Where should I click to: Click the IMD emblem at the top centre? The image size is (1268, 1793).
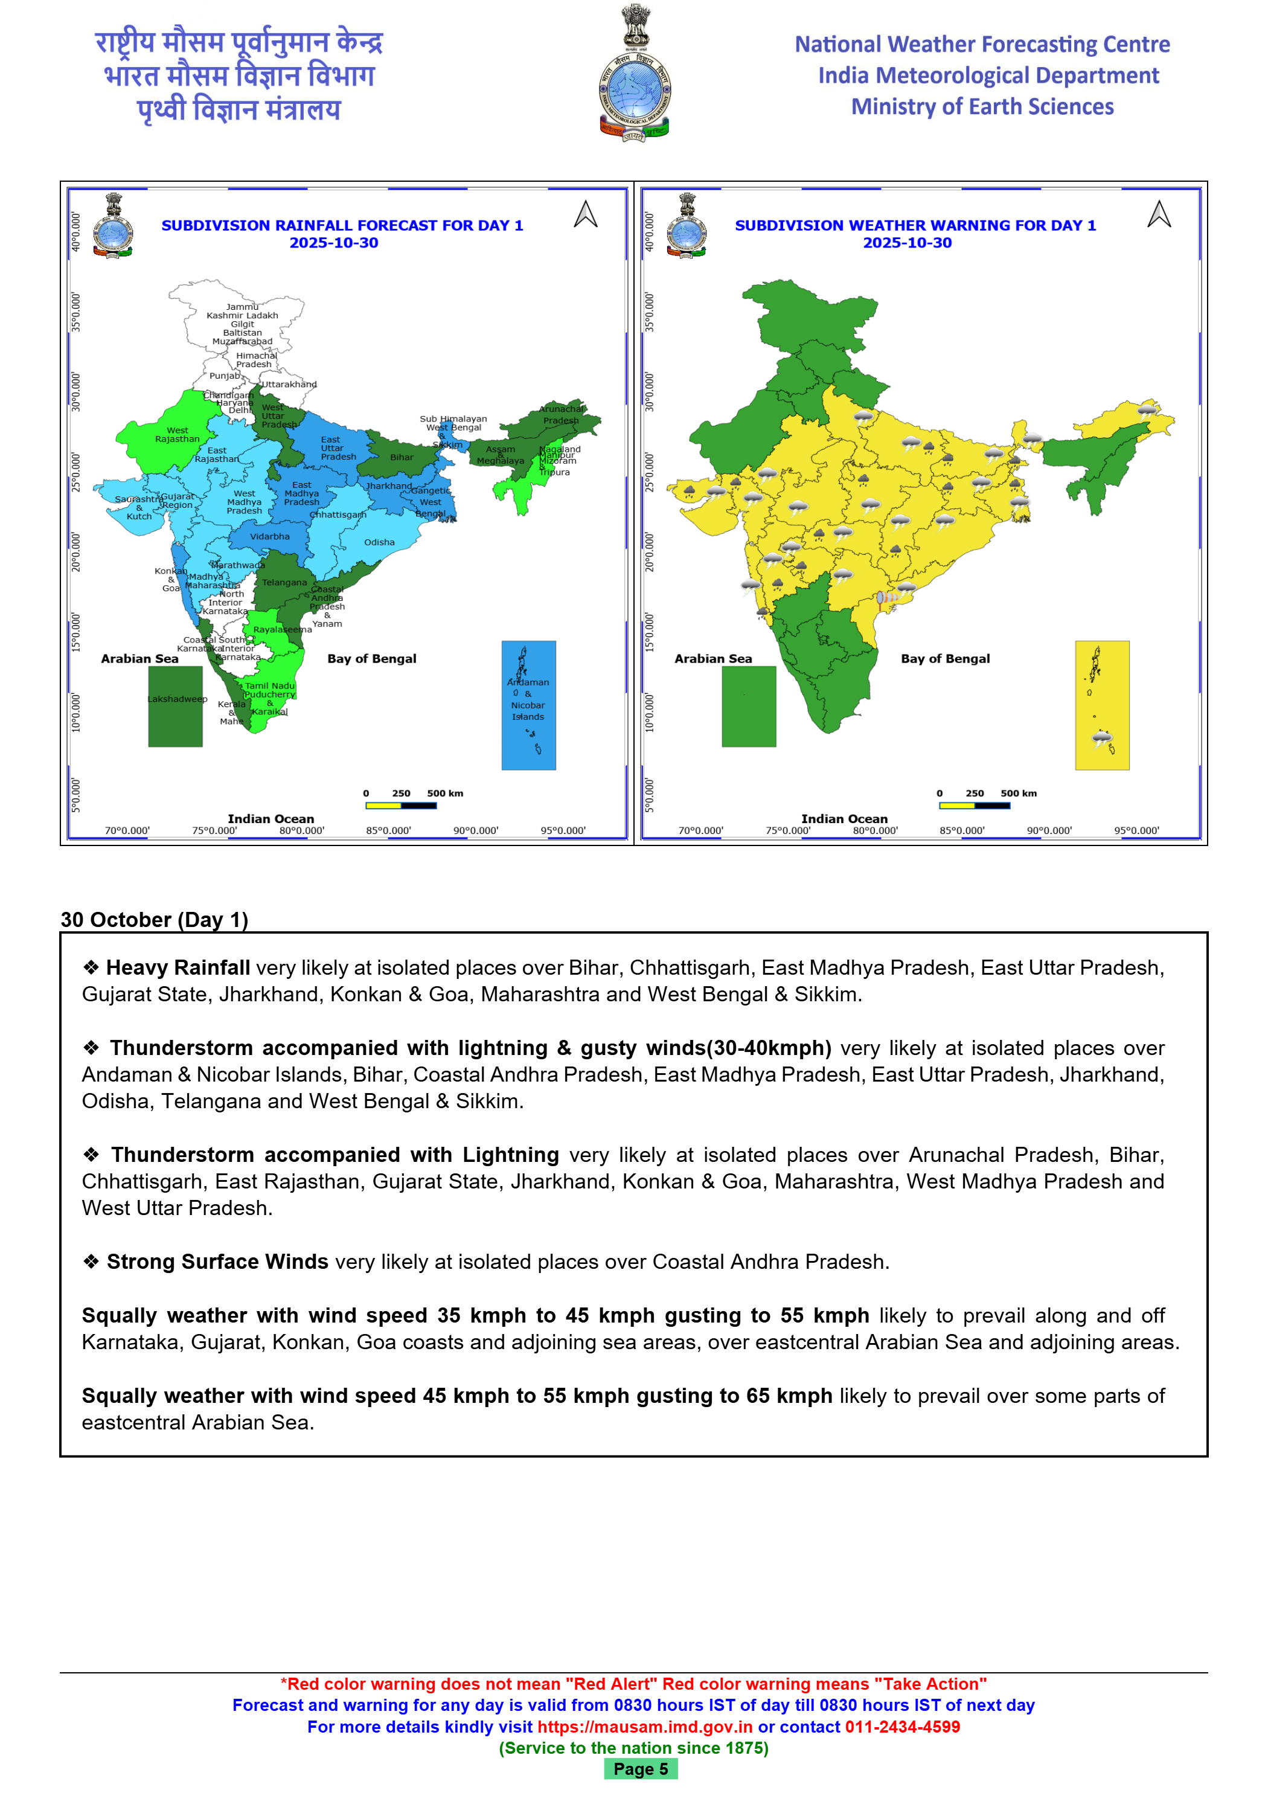(x=634, y=74)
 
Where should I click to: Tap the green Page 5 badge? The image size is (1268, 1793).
(x=640, y=1769)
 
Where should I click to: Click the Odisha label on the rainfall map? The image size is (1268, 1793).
(x=379, y=542)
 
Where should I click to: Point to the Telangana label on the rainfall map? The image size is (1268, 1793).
(x=284, y=583)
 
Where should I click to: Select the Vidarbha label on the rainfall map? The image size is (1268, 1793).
(x=269, y=536)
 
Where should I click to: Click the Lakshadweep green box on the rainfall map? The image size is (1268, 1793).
(x=176, y=706)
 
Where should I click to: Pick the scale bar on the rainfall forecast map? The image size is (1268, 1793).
(x=400, y=805)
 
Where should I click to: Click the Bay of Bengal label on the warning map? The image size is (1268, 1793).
(x=945, y=658)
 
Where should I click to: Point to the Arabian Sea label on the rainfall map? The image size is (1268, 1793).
(x=139, y=658)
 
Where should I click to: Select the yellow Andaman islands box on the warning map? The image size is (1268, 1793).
(x=1102, y=705)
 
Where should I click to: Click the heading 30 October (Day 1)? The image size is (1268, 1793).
(x=155, y=919)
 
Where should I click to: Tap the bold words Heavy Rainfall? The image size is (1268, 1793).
(x=178, y=967)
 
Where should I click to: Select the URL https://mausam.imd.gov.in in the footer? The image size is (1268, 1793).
(x=645, y=1727)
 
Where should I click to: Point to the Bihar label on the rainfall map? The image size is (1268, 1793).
(x=402, y=458)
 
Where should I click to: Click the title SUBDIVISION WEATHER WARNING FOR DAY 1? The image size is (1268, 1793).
(x=915, y=225)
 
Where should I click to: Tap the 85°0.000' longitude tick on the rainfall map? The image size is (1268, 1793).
(x=389, y=830)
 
